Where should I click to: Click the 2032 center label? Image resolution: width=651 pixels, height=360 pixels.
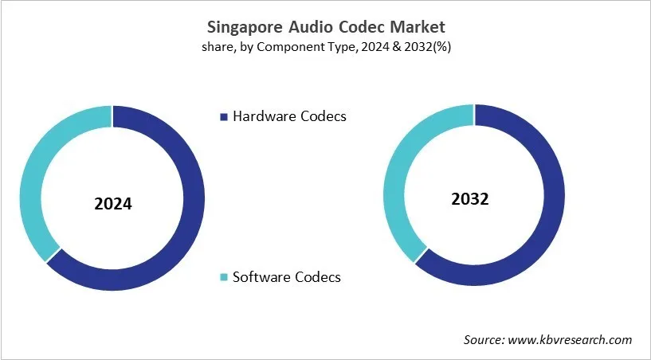(x=469, y=199)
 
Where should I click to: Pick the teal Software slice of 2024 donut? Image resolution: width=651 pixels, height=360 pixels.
(x=32, y=183)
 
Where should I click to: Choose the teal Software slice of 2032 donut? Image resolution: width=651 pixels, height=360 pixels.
(x=394, y=175)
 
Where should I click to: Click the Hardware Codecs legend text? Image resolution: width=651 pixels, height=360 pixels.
(x=289, y=116)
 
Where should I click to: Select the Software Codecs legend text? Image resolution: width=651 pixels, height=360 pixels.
(x=286, y=277)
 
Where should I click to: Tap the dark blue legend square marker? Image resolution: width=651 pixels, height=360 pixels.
(x=224, y=117)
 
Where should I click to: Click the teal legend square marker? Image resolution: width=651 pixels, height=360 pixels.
(x=224, y=278)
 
